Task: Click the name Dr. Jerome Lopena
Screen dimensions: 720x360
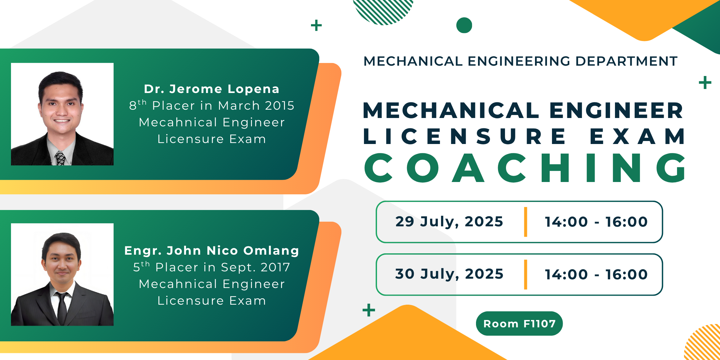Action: coord(212,89)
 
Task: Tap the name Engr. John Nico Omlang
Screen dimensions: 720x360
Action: coord(212,251)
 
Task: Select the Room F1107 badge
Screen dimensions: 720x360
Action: coord(519,323)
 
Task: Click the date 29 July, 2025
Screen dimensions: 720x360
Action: coord(449,222)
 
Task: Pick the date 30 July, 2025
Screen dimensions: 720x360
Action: coord(449,274)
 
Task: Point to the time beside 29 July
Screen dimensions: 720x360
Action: coord(596,222)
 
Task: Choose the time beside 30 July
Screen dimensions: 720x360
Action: coord(596,274)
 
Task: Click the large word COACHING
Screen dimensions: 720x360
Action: coord(525,168)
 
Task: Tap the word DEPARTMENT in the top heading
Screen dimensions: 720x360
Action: coord(626,61)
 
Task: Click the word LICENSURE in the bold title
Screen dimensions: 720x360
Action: coord(464,136)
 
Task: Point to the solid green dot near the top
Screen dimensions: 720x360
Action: coord(464,25)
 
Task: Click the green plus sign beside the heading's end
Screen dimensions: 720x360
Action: coord(705,83)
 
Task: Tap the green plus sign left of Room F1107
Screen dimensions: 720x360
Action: coord(369,310)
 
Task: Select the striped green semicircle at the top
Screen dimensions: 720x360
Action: coord(383,10)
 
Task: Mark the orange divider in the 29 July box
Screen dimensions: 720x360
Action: coord(526,222)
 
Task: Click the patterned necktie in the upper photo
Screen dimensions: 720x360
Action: coord(60,158)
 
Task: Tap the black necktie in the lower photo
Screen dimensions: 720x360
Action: coord(62,308)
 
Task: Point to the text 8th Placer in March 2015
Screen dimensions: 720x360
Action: coord(212,105)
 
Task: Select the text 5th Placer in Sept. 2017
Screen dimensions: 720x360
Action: coord(212,267)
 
